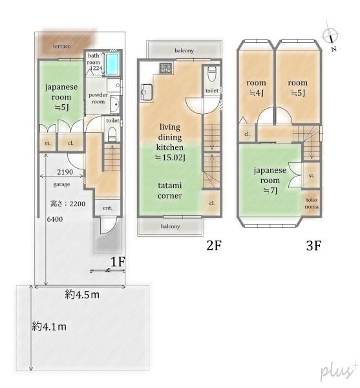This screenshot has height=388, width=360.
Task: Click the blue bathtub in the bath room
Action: point(112,63)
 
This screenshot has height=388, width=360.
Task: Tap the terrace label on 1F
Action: point(62,47)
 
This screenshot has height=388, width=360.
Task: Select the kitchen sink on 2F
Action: point(147,92)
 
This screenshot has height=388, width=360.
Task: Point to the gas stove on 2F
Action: point(166,68)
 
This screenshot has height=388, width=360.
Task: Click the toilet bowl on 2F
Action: point(212,74)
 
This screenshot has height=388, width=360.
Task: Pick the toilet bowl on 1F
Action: point(112,135)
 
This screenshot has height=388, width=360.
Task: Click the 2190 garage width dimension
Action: point(65,172)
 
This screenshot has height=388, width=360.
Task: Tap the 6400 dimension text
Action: point(55,219)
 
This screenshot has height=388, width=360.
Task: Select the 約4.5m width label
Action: point(82,295)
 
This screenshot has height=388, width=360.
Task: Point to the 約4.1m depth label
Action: point(49,327)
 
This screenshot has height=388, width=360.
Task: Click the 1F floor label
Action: point(118,262)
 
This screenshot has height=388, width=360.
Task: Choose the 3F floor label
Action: point(313,246)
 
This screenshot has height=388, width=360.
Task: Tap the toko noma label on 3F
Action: point(312,203)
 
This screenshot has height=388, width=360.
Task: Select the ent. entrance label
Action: point(107,208)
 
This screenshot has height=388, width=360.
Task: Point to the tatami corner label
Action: point(170,191)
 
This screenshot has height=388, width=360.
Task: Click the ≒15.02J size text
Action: point(170,158)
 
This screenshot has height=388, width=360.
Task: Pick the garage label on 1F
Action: point(61,184)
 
